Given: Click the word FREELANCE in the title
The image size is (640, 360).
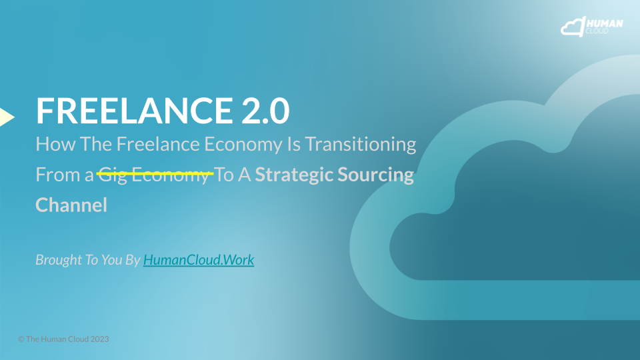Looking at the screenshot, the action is coord(134,110).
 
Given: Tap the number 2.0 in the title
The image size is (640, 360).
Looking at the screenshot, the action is coord(265,110).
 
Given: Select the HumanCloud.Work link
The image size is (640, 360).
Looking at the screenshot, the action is coord(199,259).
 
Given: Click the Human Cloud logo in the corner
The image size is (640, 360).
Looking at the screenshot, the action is coord(592,27).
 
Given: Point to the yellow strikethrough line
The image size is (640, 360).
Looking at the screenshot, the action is coord(155,174).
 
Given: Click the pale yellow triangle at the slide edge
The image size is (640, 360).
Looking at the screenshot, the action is coord(7,117).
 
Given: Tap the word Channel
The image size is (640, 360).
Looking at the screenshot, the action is coord(71,205).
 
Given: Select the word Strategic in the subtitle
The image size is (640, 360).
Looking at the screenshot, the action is coord(293,175).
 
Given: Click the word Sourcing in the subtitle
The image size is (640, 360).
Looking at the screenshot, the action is coord(375,175).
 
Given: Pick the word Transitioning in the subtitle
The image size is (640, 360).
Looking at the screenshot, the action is coord(361,145).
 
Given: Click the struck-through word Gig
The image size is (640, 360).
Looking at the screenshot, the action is coord(113,175).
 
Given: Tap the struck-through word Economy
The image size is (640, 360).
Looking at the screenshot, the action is coord(170,175).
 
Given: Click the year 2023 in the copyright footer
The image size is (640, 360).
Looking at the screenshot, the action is coord(99,339).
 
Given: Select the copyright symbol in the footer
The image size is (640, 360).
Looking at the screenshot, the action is coord(21,339).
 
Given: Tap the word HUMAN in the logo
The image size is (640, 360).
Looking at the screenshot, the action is coord(605,23).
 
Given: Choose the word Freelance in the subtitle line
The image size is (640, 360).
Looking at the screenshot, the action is coord(158,144).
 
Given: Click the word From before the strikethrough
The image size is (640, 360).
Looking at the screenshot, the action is coord(58,175).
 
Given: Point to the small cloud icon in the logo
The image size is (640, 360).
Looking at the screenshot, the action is coord(573,27).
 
